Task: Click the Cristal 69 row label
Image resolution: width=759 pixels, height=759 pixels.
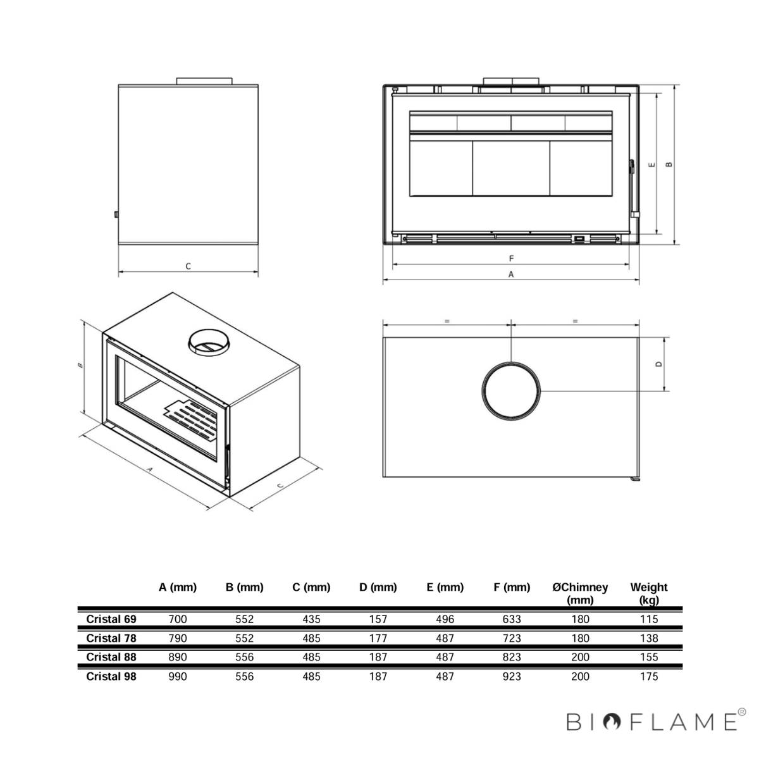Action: (x=111, y=619)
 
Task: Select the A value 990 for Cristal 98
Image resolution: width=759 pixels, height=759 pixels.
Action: (x=178, y=676)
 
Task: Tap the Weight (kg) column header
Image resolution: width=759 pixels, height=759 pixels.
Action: (x=649, y=593)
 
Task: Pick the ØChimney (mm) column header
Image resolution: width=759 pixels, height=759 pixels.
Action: (x=580, y=593)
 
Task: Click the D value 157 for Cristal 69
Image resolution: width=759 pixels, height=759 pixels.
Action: (x=378, y=619)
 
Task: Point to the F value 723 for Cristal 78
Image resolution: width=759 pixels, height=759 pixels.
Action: (x=512, y=638)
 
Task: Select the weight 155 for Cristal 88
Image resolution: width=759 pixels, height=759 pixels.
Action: (x=649, y=657)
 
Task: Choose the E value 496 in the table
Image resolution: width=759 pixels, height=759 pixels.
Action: (x=445, y=619)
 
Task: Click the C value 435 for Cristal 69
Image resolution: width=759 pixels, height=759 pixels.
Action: (x=311, y=619)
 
